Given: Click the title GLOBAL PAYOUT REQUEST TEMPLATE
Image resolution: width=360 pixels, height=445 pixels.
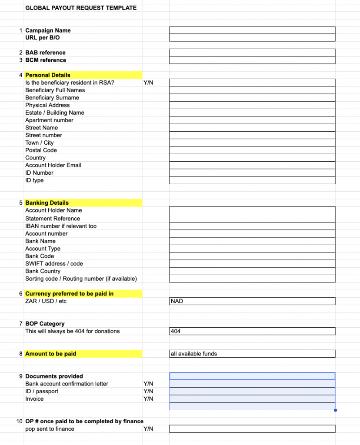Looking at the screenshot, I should (x=81, y=8).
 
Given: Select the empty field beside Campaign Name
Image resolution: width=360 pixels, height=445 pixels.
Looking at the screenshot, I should (x=252, y=30).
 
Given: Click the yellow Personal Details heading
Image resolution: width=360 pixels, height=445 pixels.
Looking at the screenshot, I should (x=48, y=75).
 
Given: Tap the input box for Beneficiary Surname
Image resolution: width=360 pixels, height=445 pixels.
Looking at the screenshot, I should (x=252, y=98).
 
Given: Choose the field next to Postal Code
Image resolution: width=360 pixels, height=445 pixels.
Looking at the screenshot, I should (x=252, y=150).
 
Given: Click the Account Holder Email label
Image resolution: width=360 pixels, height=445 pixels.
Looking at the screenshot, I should (x=53, y=165).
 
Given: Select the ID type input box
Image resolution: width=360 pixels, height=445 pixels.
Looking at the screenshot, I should (x=252, y=180).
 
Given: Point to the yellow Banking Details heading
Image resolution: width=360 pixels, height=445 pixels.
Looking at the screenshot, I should (x=47, y=203).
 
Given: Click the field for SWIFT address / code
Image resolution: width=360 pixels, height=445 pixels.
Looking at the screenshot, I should (x=252, y=264).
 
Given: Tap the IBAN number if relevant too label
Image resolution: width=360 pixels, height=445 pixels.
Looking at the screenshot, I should (x=61, y=226).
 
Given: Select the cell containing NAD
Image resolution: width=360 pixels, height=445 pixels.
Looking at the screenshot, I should (x=252, y=301).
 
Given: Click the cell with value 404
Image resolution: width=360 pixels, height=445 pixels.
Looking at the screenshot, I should (x=252, y=331).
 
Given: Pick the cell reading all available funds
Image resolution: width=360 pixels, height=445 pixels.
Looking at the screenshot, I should (x=252, y=354).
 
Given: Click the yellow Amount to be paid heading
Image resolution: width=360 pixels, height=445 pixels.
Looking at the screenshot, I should (x=50, y=354).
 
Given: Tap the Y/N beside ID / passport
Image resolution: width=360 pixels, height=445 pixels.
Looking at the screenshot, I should (x=148, y=391).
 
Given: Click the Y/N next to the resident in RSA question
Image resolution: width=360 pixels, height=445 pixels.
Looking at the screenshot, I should (x=148, y=83).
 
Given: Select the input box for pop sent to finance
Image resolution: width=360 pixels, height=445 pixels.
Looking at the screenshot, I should (x=252, y=429).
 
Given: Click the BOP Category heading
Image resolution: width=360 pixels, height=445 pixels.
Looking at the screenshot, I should (x=45, y=324).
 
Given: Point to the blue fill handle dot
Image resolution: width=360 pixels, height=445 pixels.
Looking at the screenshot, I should (x=335, y=410).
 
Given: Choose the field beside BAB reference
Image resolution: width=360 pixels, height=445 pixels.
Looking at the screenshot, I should (x=252, y=53).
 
